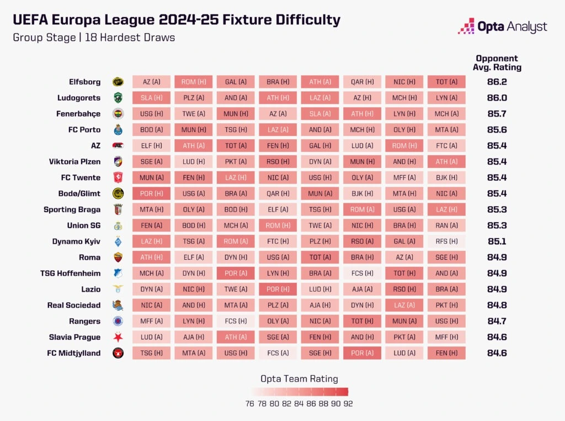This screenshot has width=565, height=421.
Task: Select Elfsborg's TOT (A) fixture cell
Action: coord(446,82)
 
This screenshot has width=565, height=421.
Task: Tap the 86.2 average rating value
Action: coord(497,82)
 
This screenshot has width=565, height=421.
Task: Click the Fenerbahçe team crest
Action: coord(118,114)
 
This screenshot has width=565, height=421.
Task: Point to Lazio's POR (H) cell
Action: coord(278,290)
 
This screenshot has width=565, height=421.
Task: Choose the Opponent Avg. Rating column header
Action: coord(497,63)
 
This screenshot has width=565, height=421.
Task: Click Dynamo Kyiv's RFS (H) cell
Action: coord(446,241)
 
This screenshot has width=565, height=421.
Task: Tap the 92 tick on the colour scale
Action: coord(348,404)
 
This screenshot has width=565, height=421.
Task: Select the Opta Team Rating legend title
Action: coord(299,379)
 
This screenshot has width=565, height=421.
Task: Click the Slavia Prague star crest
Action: coord(118,338)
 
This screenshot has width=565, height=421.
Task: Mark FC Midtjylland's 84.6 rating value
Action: coord(497,354)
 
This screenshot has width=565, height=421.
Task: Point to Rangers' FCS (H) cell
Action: coord(235,322)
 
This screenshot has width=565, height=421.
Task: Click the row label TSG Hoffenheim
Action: coord(71,273)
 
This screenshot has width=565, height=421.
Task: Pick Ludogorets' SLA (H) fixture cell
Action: coord(151,98)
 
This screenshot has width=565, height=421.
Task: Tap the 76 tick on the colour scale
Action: coord(250,404)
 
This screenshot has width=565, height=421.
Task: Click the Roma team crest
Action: coord(118,257)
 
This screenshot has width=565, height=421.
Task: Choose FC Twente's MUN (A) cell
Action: coord(151,178)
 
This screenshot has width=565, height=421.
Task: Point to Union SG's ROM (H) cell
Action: coord(278,225)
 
